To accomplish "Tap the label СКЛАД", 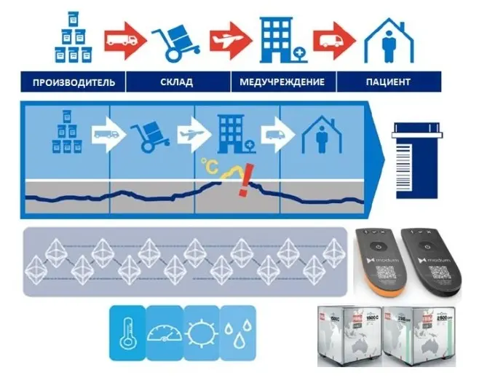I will click(x=177, y=82).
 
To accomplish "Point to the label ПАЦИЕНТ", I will click(x=388, y=82).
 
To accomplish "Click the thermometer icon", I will click(x=127, y=334).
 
